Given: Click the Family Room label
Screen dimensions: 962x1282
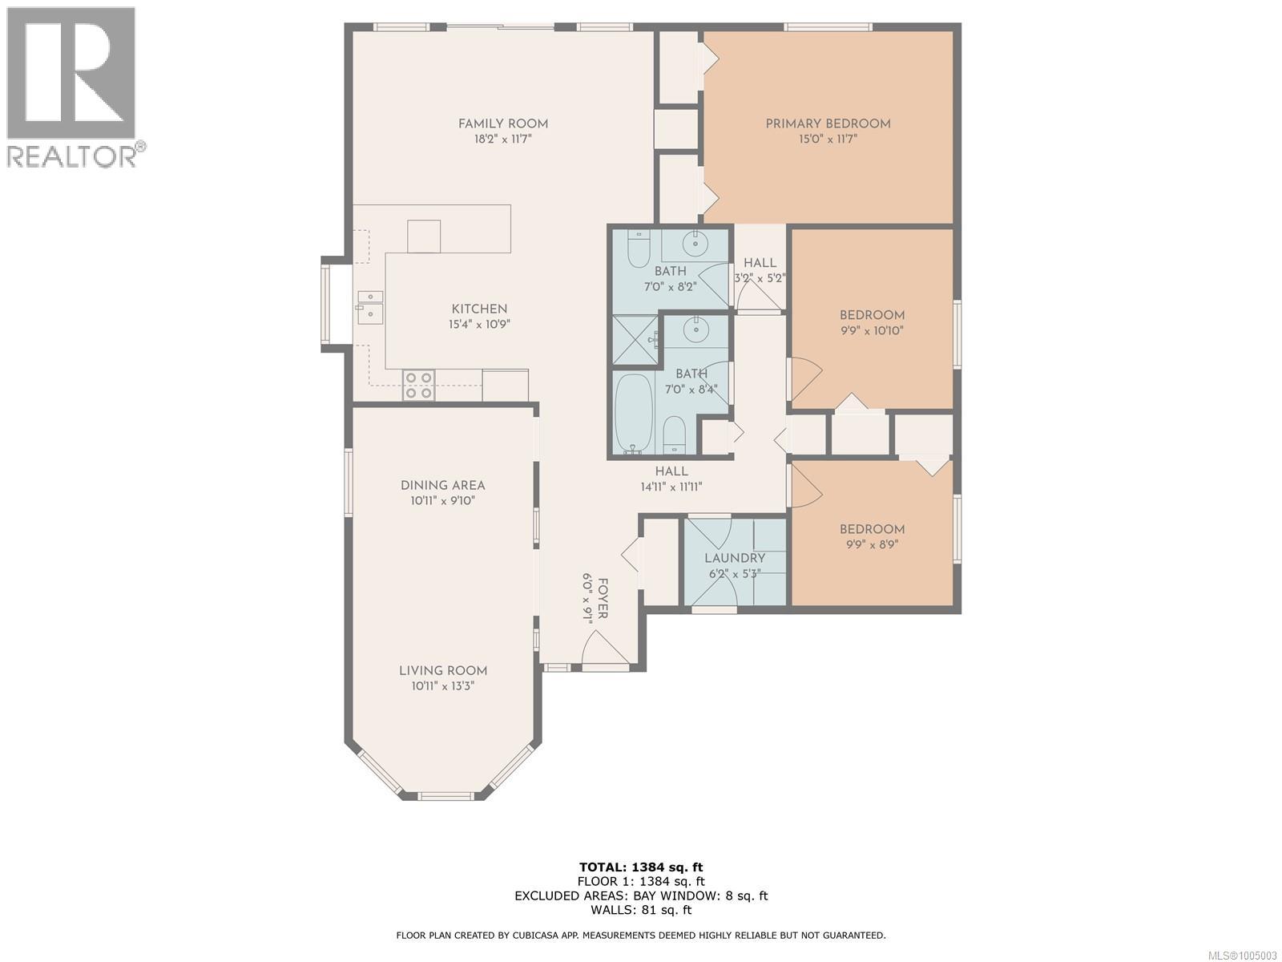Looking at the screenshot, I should tap(502, 123).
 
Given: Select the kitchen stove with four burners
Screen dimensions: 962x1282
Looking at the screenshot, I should tap(418, 385).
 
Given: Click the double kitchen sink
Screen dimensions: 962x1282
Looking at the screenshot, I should tap(370, 305).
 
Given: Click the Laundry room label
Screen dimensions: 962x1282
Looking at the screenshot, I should tap(735, 558).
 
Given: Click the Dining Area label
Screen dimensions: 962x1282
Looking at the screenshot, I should tap(442, 485).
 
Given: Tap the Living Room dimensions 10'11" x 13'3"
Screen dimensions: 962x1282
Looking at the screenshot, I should tap(443, 686).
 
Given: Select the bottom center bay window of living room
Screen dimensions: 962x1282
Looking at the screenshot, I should tap(446, 796).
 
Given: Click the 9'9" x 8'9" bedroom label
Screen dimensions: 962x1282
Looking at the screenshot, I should tap(872, 529).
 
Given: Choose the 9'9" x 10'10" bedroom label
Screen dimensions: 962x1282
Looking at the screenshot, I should tap(872, 315).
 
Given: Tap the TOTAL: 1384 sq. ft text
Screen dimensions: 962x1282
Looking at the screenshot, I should tap(641, 867).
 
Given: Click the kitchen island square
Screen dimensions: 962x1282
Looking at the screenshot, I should tap(424, 236).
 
